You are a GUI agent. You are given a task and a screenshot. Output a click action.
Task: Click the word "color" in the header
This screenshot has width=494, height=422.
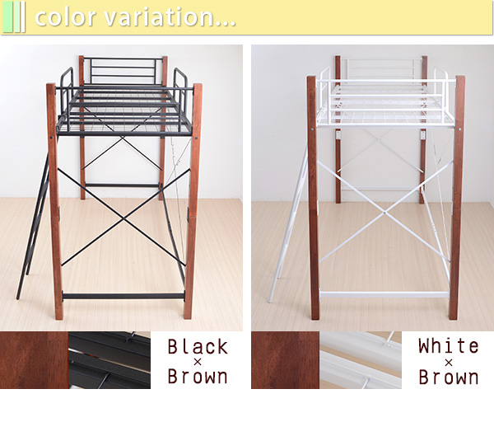(66, 17)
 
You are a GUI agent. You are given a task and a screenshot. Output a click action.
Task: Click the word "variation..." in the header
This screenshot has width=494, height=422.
(170, 17)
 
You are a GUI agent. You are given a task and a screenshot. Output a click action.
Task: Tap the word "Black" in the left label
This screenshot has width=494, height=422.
(198, 347)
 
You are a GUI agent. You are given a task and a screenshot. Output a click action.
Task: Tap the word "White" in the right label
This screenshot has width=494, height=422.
(449, 345)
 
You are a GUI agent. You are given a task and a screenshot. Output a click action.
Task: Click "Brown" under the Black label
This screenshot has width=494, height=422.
(198, 376)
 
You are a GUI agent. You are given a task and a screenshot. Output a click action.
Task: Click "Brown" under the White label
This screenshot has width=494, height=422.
(449, 377)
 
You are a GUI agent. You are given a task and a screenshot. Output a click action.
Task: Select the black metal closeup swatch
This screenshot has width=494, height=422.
(110, 360)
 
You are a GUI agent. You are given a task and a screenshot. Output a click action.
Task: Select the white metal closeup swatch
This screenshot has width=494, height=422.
(361, 360)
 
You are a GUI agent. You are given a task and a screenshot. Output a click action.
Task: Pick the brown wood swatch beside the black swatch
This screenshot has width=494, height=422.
(34, 360)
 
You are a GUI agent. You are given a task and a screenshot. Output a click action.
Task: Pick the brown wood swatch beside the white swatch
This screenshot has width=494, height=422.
(285, 360)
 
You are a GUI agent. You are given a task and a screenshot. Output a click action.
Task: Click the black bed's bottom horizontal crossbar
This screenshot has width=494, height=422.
(123, 296)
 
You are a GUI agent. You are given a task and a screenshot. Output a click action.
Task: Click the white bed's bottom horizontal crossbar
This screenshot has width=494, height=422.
(384, 295)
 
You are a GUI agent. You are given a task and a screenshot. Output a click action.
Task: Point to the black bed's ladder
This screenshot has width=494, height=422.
(33, 227)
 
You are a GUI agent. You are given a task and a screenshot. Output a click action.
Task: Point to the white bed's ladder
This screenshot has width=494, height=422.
(288, 226)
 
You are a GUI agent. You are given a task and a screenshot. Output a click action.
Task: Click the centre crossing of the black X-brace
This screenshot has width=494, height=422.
(123, 218)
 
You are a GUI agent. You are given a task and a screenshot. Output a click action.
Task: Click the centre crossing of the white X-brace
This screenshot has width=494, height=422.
(385, 213)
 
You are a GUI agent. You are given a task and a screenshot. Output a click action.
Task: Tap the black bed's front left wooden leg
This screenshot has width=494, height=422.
(55, 201)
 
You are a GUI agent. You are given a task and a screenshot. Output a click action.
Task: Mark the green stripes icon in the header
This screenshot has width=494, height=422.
(13, 16)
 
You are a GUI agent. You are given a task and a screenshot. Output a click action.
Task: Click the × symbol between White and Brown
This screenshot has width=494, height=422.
(449, 362)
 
